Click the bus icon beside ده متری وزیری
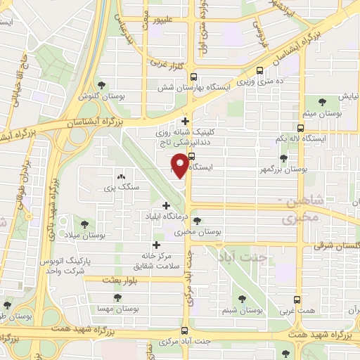click(x=261, y=70)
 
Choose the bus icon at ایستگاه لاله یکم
click(x=301, y=128)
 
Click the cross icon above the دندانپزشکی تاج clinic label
click(x=185, y=121)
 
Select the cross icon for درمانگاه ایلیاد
click(x=166, y=206)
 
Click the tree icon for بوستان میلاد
click(x=85, y=224)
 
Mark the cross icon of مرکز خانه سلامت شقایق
click(x=156, y=246)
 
